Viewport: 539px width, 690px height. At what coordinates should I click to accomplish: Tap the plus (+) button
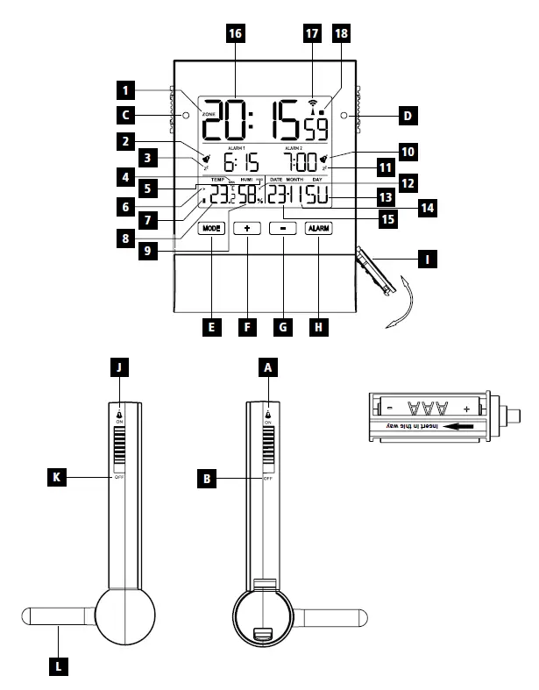pos(247,228)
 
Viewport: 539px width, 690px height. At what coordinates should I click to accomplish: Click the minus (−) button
pos(282,228)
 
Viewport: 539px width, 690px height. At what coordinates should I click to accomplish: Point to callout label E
pos(210,326)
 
